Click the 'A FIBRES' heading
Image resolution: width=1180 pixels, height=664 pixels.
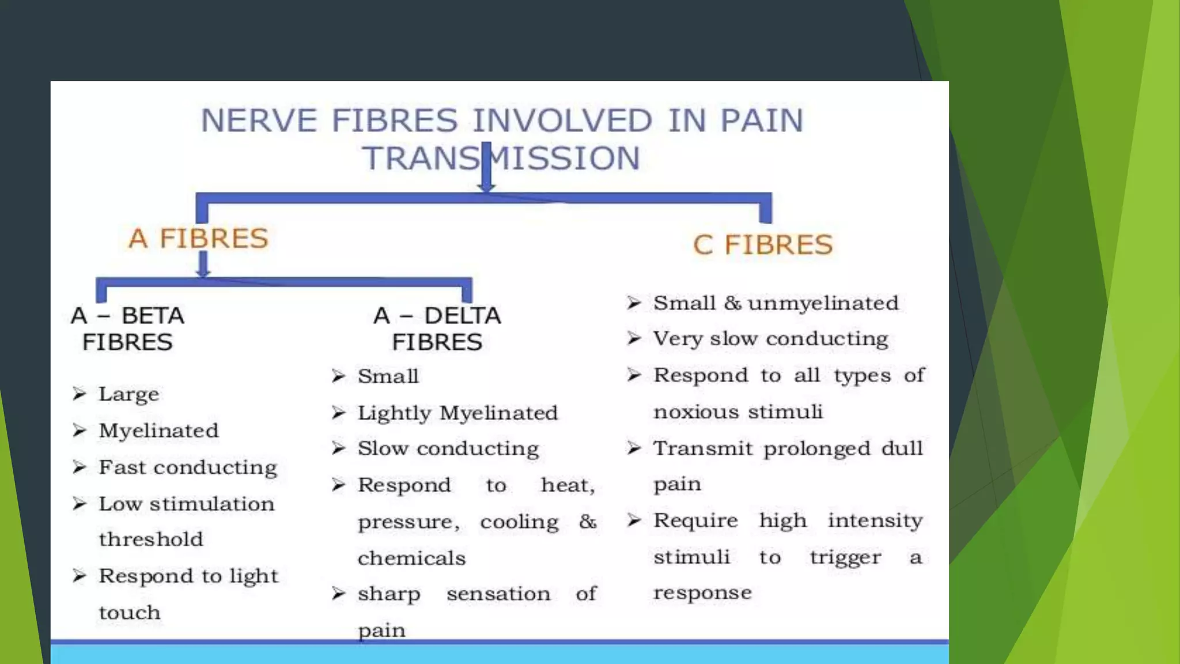pos(198,238)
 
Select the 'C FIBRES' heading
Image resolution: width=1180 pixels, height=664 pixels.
pos(762,244)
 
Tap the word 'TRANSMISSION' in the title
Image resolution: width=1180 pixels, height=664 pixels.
pos(501,158)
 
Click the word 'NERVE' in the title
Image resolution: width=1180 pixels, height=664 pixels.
pos(259,120)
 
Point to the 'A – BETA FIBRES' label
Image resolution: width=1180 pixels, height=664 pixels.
pos(127,329)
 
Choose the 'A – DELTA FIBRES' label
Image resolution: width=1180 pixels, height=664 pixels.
pos(437,329)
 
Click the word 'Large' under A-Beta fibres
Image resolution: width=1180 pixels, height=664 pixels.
pos(128,395)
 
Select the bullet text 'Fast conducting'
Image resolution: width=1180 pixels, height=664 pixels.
pos(187,467)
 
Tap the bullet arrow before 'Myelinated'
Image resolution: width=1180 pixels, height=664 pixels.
pos(80,431)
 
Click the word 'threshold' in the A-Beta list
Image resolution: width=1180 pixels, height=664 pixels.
pos(151,539)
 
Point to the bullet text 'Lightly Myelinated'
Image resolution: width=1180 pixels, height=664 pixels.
pos(457,413)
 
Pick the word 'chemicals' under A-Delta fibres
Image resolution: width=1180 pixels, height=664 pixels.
pos(411,558)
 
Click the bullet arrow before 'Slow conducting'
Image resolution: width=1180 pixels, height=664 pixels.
pos(339,448)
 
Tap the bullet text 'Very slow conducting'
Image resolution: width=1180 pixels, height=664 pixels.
pos(770,339)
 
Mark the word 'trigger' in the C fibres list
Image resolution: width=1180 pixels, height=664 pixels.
pos(845,557)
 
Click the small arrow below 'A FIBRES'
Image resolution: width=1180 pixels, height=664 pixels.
pos(203,265)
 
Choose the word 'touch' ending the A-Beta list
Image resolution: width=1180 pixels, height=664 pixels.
pos(130,612)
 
